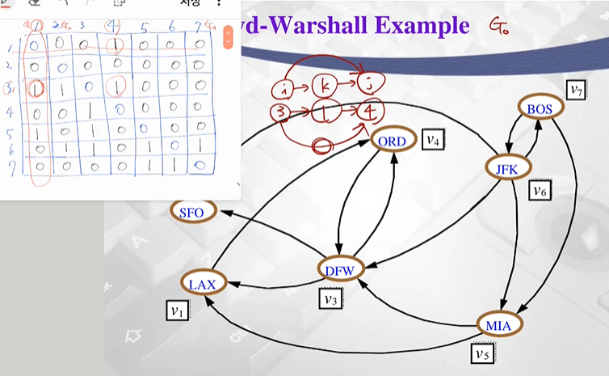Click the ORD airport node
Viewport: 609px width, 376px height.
click(x=393, y=141)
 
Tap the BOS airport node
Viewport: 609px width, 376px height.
click(x=539, y=108)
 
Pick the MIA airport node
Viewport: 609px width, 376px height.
click(x=498, y=324)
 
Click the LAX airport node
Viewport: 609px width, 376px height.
click(x=204, y=284)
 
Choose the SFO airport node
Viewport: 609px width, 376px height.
click(x=191, y=212)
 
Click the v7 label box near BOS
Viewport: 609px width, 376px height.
click(x=576, y=90)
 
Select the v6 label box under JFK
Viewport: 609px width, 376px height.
click(x=539, y=191)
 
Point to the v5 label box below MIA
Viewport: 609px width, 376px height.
click(x=482, y=352)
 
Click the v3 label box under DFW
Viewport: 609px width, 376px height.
click(x=330, y=298)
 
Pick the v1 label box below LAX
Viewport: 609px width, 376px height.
click(x=178, y=309)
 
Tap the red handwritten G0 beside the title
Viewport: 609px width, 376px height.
click(x=499, y=27)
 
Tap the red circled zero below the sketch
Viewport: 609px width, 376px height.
click(x=324, y=146)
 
